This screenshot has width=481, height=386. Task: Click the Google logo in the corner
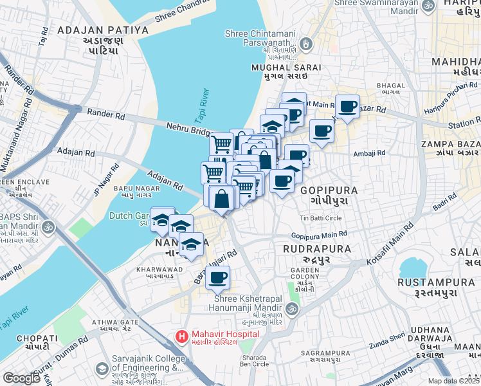pos(21,378)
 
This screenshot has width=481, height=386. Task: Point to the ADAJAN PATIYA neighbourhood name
pos(103,30)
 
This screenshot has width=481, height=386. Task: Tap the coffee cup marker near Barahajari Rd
pos(218,277)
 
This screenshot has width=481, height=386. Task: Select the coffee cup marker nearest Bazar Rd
pos(347,106)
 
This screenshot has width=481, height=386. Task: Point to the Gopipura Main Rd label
pos(319,236)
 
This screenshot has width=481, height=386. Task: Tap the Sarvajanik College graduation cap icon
pos(102,369)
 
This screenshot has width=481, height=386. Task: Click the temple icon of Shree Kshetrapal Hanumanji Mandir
pos(290,310)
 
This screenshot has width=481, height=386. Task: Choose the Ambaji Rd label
pos(368,153)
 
